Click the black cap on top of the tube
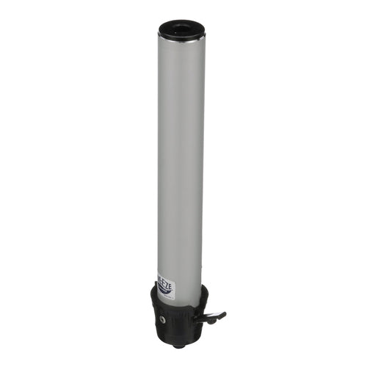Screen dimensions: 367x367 tap(181, 31)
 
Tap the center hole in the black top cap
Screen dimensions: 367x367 tap(181, 29)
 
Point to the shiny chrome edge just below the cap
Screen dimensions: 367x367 tap(181, 41)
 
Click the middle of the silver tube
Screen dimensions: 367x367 tap(181, 161)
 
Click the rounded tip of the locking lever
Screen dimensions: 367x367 tap(222, 314)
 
